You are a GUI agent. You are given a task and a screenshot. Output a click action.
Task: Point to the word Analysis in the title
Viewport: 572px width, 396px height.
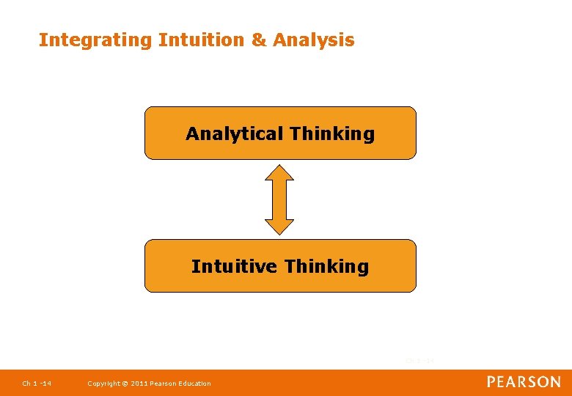coord(314,41)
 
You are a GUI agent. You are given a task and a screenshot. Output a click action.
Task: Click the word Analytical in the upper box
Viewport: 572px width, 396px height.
coord(235,134)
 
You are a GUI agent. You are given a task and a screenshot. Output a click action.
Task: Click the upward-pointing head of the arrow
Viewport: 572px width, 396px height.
coord(279,172)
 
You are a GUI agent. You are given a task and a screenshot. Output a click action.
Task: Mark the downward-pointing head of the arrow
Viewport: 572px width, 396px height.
coord(279,226)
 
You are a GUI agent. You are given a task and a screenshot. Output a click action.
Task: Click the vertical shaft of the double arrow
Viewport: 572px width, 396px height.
coord(279,199)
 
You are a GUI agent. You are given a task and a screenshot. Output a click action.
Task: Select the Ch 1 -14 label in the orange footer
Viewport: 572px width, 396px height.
coord(37,384)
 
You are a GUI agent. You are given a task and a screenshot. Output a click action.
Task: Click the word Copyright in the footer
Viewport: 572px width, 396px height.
coord(103,384)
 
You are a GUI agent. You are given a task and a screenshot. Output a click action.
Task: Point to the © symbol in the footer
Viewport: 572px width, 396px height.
coord(125,384)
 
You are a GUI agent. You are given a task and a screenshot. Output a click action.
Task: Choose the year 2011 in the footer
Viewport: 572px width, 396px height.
coord(139,384)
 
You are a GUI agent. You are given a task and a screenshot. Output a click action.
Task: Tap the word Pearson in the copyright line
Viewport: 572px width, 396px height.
coord(164,384)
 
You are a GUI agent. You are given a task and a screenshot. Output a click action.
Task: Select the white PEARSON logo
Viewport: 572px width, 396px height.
coord(524,382)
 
